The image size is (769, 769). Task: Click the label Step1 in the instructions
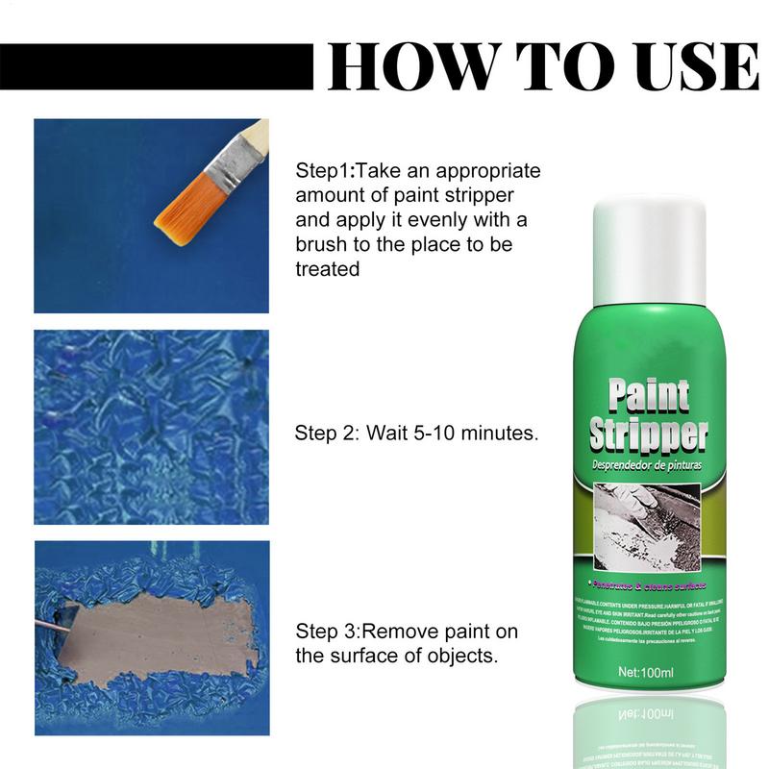(323, 172)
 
